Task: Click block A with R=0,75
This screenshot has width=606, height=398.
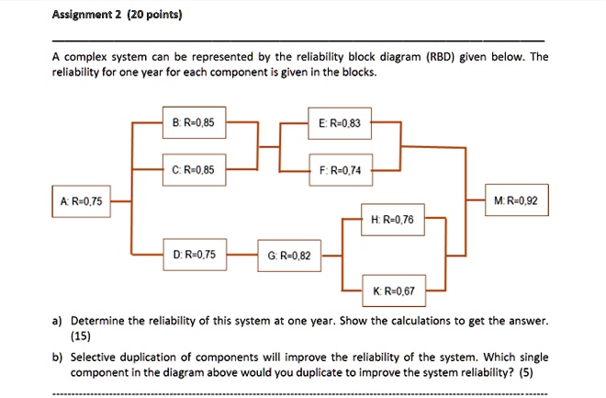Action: coord(82,201)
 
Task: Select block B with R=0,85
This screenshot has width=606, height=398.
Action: coord(194,121)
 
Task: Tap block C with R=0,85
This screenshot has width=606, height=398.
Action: coord(194,170)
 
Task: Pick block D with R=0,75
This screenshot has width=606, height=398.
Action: coord(194,255)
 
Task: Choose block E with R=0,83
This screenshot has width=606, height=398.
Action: coord(339,121)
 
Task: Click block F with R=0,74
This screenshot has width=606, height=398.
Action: coord(339,170)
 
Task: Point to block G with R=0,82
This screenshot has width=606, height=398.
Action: coord(290,256)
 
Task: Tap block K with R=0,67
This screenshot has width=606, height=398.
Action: coord(394,290)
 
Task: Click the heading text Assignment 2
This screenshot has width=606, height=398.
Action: coord(89,16)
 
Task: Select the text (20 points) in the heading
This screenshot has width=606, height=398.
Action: coord(156,16)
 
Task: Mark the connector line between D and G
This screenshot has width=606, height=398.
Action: coord(241,255)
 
